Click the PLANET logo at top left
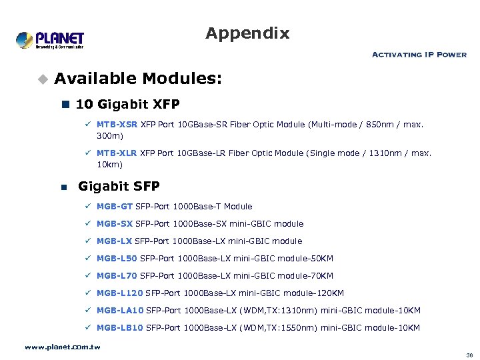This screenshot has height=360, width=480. [x=51, y=39]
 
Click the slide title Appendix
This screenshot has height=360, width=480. [x=247, y=33]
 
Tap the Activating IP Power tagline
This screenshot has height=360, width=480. [x=419, y=55]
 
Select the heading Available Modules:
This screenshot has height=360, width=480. [x=138, y=79]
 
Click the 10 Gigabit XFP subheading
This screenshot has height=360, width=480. [x=127, y=104]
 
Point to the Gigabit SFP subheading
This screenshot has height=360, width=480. [x=119, y=186]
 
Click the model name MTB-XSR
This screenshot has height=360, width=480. [x=116, y=124]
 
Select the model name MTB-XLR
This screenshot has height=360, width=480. [x=116, y=153]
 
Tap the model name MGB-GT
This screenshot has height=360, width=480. [x=115, y=207]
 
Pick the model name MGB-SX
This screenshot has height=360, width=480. [x=115, y=224]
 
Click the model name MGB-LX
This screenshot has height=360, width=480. [x=115, y=241]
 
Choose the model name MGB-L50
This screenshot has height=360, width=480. [x=117, y=259]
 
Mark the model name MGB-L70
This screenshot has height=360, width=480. [x=117, y=276]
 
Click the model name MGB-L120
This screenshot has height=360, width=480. [x=120, y=293]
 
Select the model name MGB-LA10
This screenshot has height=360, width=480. [x=120, y=311]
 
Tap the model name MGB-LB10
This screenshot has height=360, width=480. [x=120, y=328]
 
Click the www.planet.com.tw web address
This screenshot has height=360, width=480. [x=62, y=347]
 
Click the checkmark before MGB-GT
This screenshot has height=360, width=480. [x=88, y=207]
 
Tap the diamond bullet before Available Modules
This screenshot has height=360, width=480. [x=43, y=79]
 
